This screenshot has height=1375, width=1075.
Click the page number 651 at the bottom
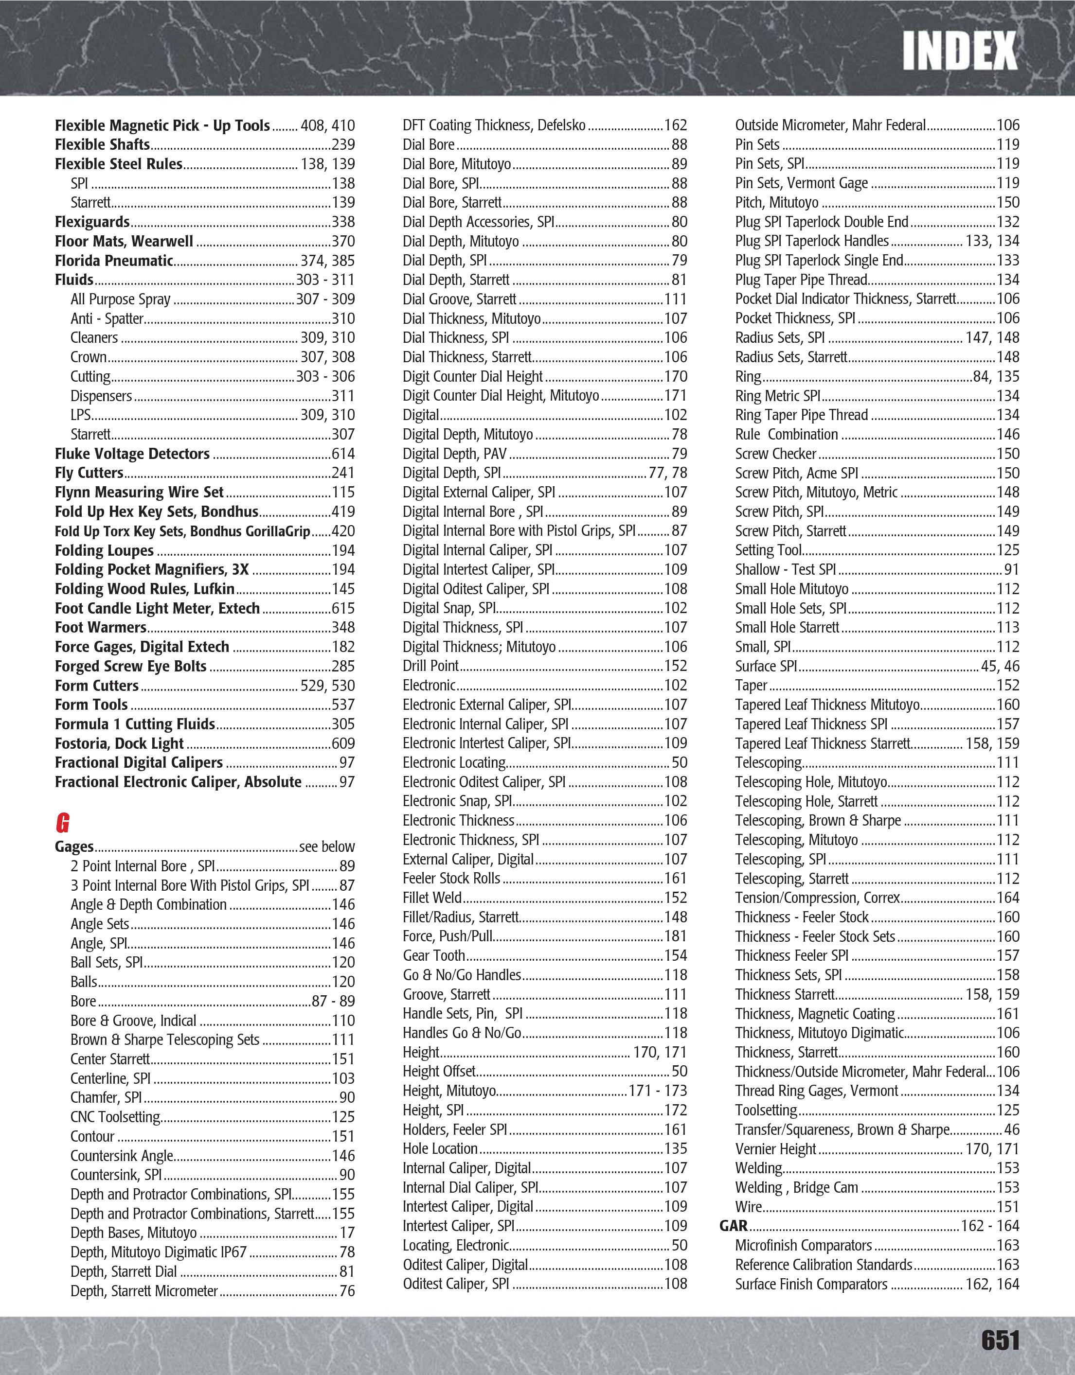coord(1000,1339)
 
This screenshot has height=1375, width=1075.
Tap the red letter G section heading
coord(62,823)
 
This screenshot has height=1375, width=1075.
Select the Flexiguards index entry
coord(92,222)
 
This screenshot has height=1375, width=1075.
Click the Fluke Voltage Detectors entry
coord(132,454)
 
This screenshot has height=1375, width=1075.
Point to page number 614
coord(343,454)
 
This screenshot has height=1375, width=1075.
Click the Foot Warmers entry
coord(101,628)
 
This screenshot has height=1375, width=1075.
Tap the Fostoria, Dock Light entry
coord(119,743)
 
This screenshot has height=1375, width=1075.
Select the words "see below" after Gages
coord(327,847)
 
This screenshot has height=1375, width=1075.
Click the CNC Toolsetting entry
coord(116,1117)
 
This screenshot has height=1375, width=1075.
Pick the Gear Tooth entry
coord(434,956)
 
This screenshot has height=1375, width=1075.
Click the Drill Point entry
coord(431,666)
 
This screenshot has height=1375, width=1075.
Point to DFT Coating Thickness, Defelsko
coord(494,125)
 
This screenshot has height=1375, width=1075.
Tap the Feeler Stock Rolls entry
coord(451,878)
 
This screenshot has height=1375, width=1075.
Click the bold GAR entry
coord(734,1226)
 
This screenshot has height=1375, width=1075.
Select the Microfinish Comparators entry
coord(804,1245)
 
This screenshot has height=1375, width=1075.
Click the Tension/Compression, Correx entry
coord(817,898)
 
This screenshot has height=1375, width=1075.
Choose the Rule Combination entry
coord(787,434)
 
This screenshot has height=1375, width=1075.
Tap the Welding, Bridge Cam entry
coord(797,1187)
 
